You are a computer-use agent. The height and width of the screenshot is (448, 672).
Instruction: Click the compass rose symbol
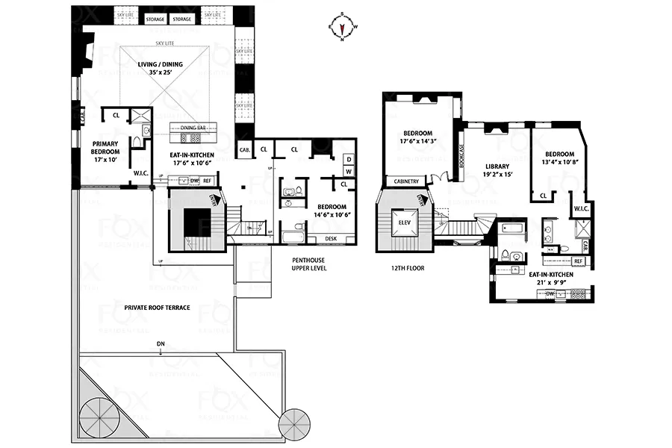coord(342,26)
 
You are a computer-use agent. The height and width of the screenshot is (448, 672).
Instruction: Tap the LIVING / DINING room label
coord(162,64)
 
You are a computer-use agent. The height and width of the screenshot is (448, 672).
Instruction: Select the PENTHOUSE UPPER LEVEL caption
coord(309,263)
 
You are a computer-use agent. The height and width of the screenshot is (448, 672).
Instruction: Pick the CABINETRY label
coord(406,181)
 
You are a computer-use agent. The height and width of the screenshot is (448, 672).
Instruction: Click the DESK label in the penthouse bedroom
coord(331,240)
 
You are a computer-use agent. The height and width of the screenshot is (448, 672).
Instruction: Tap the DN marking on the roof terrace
coord(160,344)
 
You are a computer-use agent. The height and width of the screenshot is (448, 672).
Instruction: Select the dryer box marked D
coord(348,158)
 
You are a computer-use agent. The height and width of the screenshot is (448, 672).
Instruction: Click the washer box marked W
coord(348,171)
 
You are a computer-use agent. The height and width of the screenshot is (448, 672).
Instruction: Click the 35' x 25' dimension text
coord(162,73)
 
